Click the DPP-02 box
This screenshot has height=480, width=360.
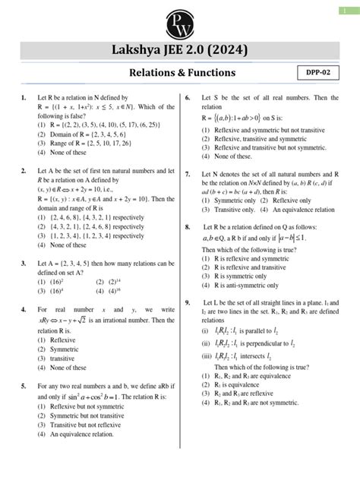[x=324, y=72]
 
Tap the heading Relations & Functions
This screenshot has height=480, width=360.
[x=180, y=73]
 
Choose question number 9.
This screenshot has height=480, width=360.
[x=188, y=280]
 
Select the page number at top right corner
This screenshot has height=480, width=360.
[x=348, y=9]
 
